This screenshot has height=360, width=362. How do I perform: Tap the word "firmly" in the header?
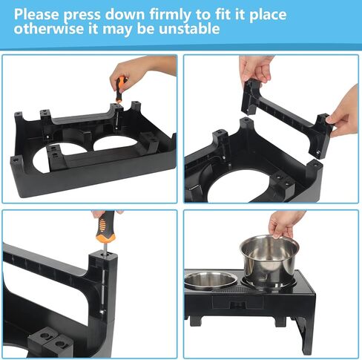(181, 14)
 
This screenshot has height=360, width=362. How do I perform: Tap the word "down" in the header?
(140, 14)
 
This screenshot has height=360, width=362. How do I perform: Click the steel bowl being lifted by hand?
(268, 260)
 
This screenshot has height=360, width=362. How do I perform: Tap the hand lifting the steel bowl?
(285, 223)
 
